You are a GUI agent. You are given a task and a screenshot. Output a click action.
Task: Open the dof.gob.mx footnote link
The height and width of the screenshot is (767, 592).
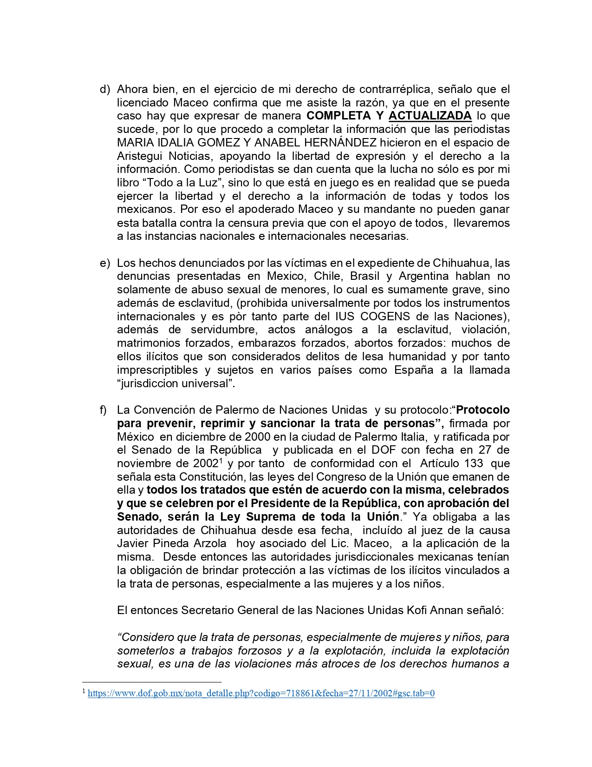(x=261, y=694)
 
